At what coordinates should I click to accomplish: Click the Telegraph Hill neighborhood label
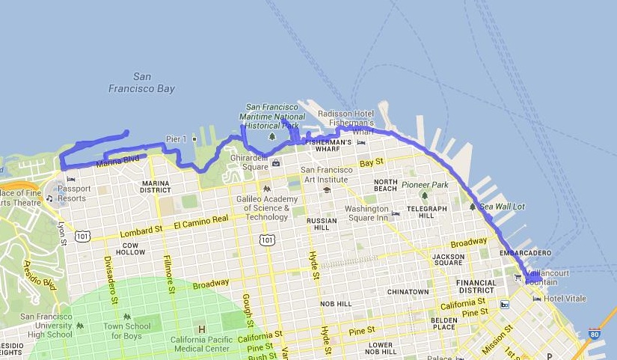click(426, 212)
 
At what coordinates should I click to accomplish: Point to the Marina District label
click(156, 186)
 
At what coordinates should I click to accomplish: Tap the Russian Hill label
click(322, 225)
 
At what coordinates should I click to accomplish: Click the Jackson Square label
click(449, 260)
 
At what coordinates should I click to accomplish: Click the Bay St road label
click(371, 162)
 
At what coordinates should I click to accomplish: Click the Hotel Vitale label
click(565, 299)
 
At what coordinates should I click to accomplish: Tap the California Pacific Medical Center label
click(200, 341)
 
